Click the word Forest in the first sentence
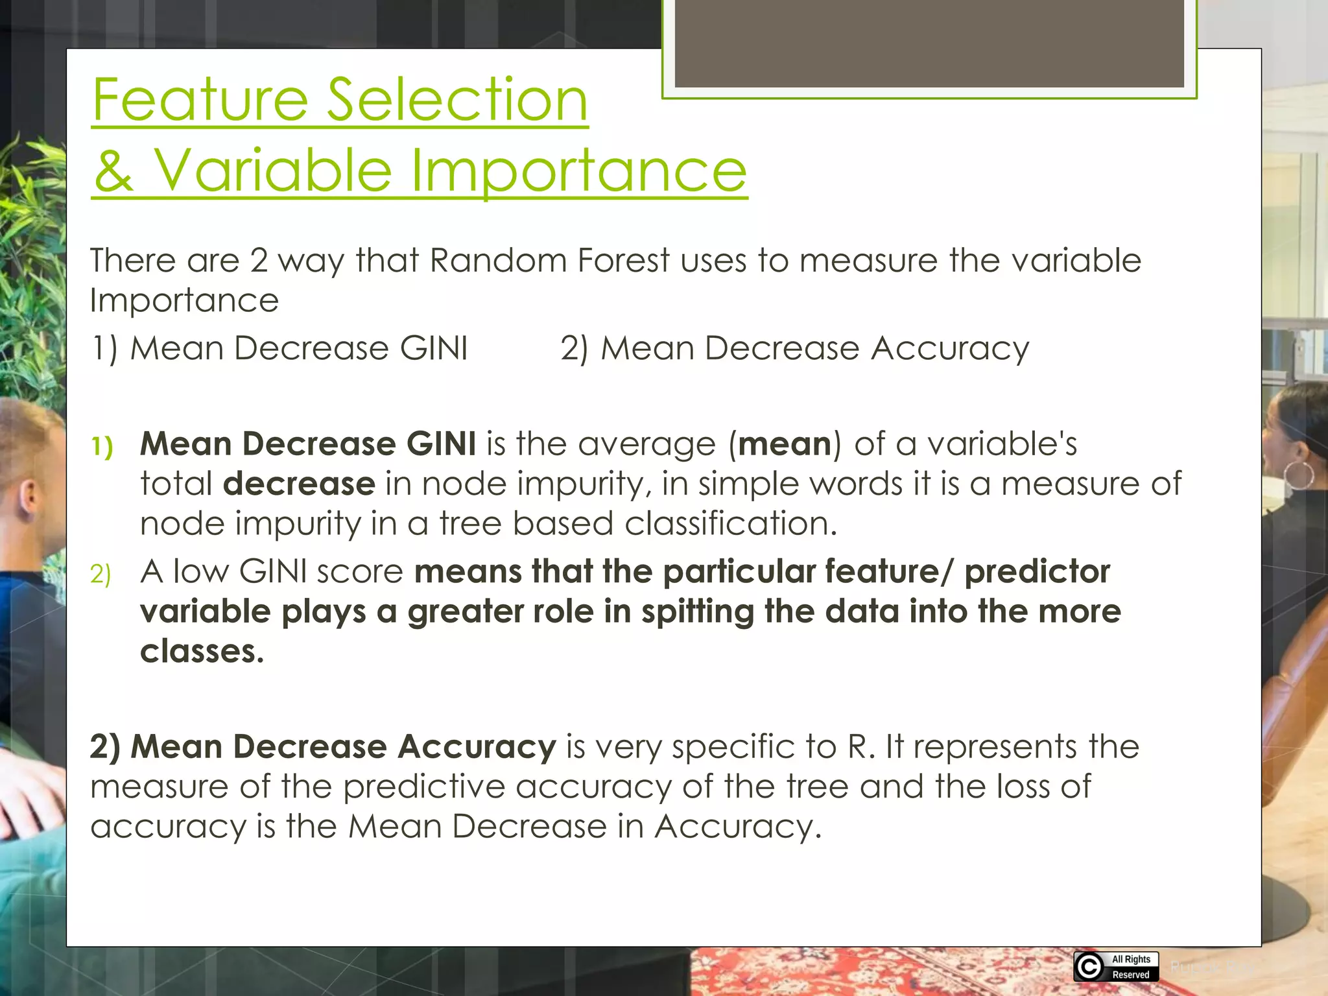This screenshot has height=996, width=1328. pos(623,261)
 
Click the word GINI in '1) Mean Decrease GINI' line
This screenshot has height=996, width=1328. pos(433,348)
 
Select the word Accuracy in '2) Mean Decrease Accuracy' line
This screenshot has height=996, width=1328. pos(950,350)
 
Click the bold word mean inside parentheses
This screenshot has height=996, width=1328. pos(785,444)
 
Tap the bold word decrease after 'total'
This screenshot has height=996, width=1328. pos(299,484)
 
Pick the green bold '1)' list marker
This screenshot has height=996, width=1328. pos(102,446)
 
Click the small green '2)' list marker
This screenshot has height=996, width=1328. pos(101,575)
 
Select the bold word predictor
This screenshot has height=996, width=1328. pos(1037,572)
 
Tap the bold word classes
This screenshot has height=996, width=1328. pos(202,652)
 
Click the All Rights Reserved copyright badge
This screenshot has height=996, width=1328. pos(1115,967)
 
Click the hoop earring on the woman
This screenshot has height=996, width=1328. pos(1299,475)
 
